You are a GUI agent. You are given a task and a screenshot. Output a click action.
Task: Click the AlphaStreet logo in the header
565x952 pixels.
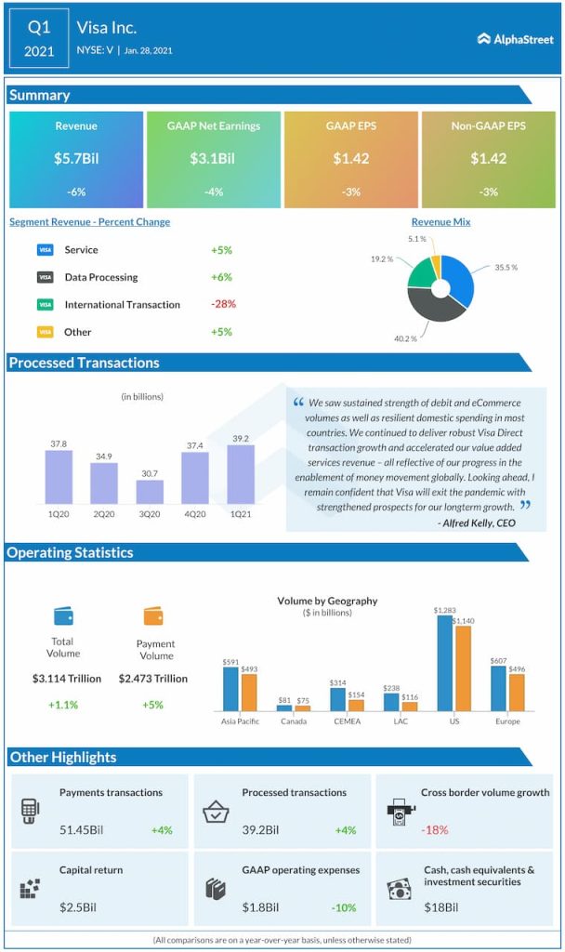point(514,39)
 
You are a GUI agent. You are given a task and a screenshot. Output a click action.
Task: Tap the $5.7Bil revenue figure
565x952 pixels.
point(76,158)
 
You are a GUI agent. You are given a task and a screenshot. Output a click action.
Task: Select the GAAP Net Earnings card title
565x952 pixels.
point(214,126)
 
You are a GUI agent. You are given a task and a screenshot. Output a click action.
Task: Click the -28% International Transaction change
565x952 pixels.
point(222,304)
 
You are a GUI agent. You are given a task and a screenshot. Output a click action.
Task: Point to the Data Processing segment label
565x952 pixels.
point(101,277)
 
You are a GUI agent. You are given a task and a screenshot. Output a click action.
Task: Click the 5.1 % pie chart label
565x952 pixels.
point(416,239)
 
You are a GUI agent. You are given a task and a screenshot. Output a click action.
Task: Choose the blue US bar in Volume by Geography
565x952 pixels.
point(444,662)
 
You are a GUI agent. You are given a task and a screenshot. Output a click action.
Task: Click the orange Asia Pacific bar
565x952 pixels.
point(249,692)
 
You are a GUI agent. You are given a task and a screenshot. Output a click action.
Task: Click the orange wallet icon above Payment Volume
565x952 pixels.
point(154,615)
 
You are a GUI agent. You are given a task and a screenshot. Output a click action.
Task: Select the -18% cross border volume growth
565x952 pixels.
point(437,829)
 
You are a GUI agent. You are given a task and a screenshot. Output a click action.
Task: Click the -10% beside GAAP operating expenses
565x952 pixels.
point(344,906)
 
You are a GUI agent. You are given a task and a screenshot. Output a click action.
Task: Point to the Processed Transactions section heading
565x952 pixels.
point(85,363)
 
